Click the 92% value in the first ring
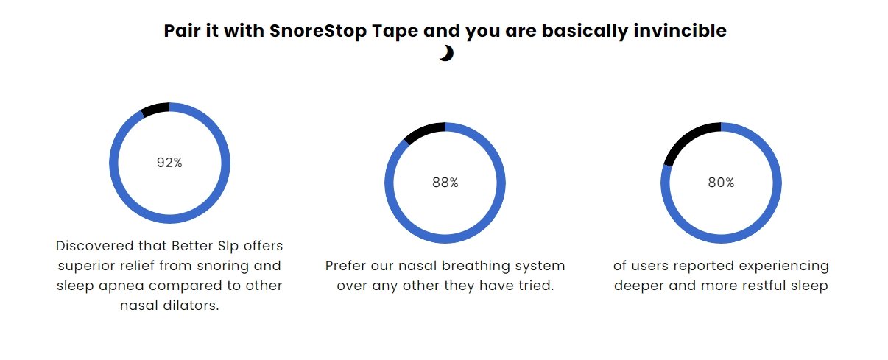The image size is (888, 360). click(169, 163)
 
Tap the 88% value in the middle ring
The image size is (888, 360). click(445, 183)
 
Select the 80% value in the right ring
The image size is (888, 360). click(721, 183)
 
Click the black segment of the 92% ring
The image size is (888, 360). click(155, 107)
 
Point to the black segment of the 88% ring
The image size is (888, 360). click(424, 131)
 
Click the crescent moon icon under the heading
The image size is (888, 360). click(446, 53)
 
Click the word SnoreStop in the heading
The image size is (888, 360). click(318, 31)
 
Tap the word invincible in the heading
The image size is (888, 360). click(680, 30)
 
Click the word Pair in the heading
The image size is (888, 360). click(182, 30)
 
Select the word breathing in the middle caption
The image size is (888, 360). click(469, 266)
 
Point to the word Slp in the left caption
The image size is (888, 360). click(228, 247)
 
